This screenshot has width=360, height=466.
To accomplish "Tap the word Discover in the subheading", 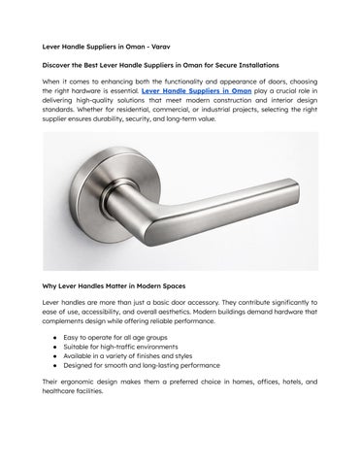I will coord(60,63).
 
